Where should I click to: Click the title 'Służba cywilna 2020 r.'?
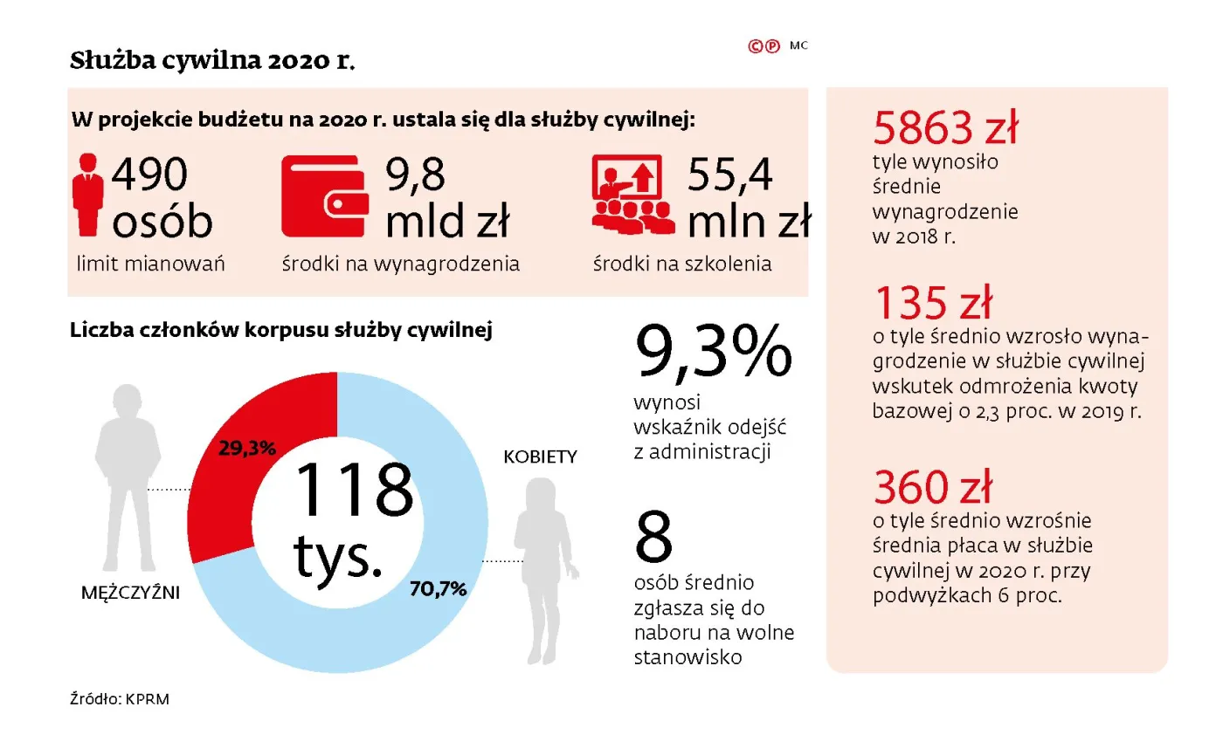(x=212, y=62)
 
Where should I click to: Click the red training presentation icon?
(x=632, y=194)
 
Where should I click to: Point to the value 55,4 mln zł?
(x=748, y=199)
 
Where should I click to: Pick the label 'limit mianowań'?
(x=151, y=264)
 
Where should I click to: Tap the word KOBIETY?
(x=539, y=456)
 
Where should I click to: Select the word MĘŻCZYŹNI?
(x=130, y=593)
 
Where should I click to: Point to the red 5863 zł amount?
(x=945, y=130)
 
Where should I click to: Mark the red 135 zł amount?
(x=933, y=304)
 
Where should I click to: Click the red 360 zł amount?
(x=934, y=487)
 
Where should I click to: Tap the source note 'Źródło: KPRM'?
(x=120, y=699)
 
